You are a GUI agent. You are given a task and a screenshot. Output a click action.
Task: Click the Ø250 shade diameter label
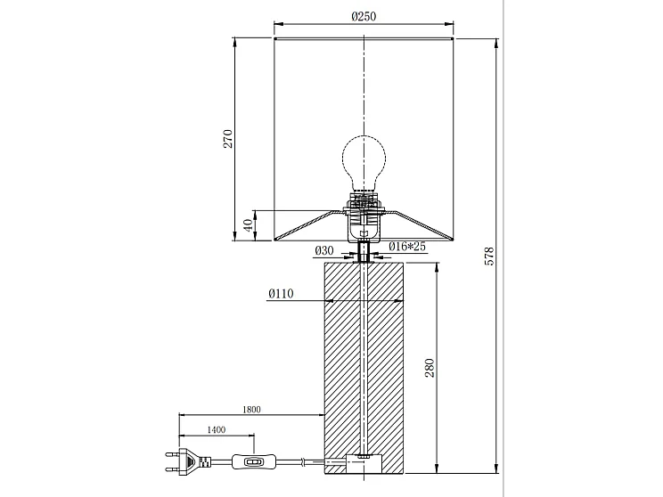364,17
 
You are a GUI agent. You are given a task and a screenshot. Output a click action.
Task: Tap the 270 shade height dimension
228,139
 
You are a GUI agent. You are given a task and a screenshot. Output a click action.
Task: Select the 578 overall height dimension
489,257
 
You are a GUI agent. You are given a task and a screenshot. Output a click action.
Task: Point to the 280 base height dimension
430,368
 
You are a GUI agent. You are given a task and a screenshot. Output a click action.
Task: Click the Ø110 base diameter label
281,293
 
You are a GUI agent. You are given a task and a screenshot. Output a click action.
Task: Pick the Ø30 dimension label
324,250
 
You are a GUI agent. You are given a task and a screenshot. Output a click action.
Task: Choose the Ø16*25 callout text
407,246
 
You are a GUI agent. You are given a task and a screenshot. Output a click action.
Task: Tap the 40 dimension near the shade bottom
250,224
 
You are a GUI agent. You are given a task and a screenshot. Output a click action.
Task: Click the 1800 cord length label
251,409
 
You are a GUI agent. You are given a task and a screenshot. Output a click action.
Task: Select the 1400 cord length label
216,430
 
